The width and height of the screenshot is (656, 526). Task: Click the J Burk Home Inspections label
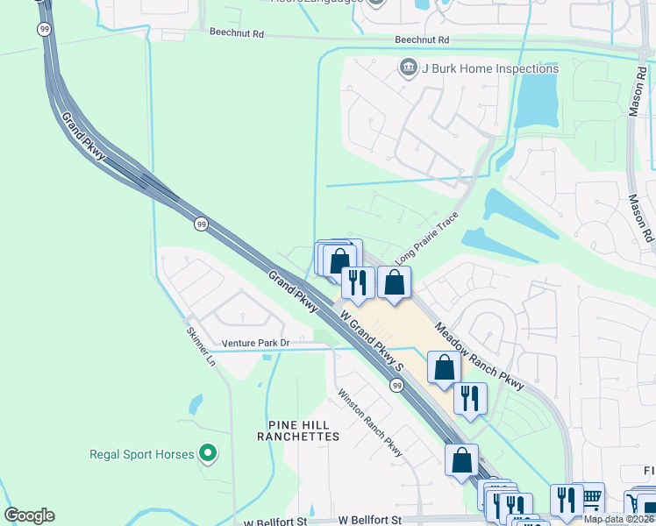pos(489,68)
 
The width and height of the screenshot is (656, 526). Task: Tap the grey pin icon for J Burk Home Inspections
pos(408,68)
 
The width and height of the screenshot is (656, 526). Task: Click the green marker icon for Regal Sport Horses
pos(208,453)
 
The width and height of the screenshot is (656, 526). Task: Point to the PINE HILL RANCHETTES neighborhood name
pos(298,430)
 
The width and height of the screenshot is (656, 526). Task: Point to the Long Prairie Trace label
pos(427,243)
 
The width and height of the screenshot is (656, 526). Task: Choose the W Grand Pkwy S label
pos(370,339)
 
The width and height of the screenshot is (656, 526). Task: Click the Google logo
pos(29,515)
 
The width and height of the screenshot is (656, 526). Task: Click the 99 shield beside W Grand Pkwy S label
pos(396,385)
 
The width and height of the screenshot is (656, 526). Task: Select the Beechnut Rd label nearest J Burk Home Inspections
pos(422,40)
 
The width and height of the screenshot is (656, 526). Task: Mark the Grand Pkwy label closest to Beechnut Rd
pos(84,136)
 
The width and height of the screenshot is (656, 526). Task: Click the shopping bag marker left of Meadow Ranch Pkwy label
pos(444,366)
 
